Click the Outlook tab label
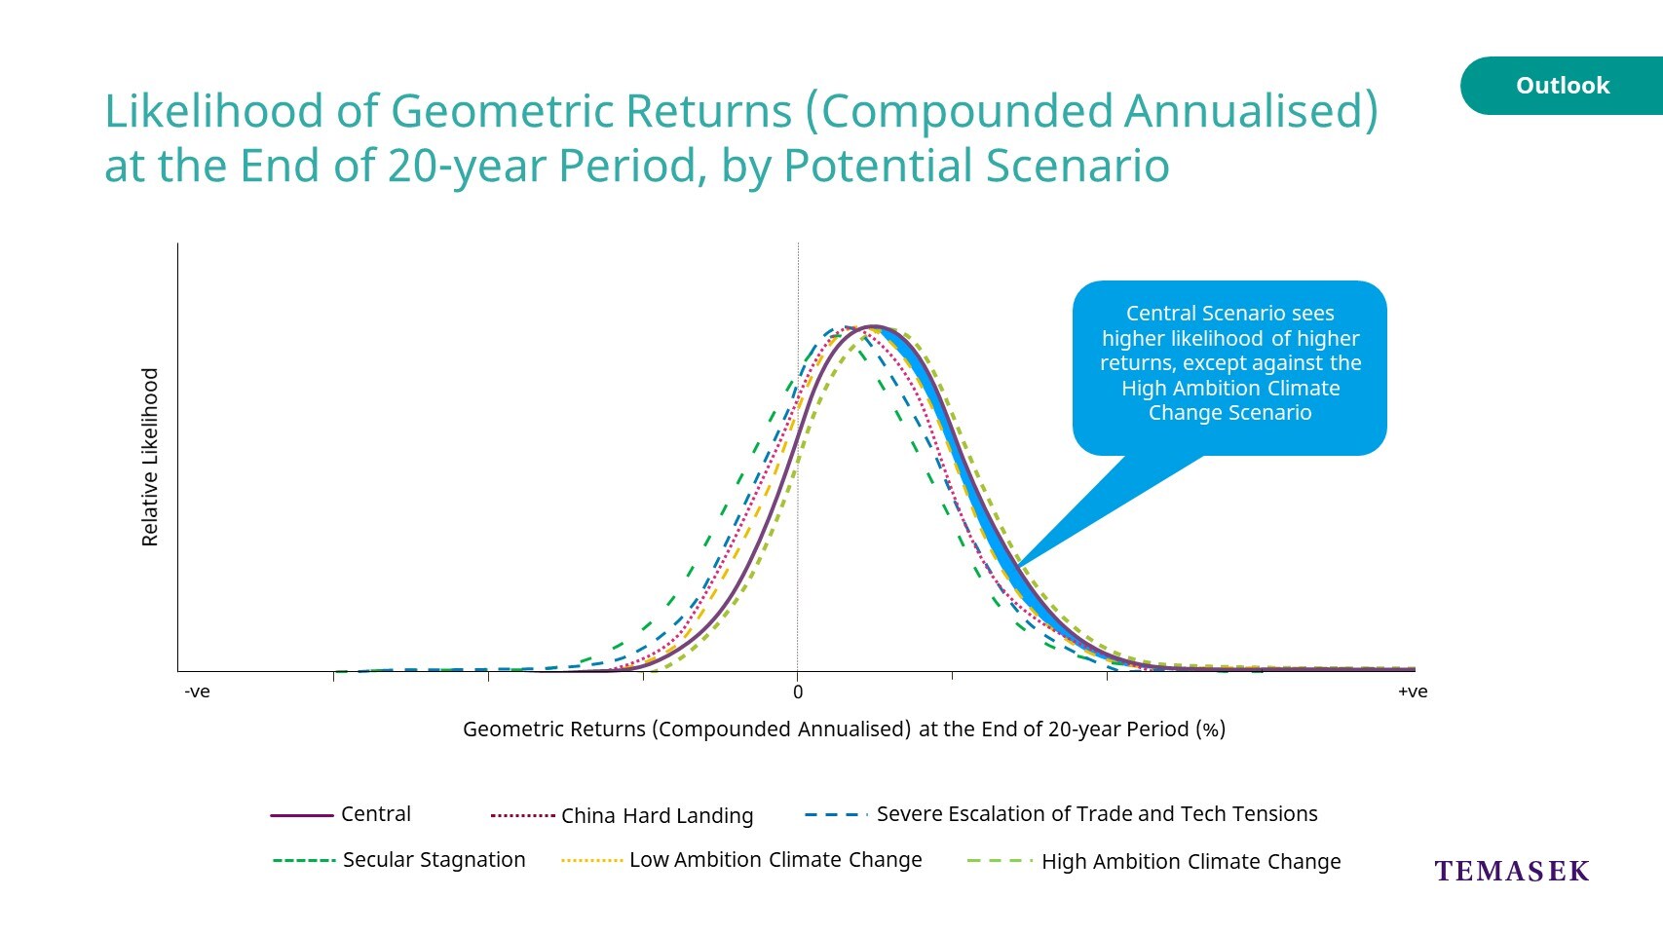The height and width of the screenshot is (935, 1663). tap(1563, 86)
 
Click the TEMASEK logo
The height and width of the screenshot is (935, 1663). tap(1512, 871)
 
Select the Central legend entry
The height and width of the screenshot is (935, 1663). tap(341, 814)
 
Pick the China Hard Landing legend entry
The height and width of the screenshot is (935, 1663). tap(622, 815)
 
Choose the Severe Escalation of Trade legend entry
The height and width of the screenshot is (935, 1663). tap(1061, 814)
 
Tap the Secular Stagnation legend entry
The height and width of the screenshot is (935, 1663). tap(399, 860)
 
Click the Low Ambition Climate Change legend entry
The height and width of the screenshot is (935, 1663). tap(741, 860)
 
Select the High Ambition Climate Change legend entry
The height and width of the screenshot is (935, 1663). tap(1154, 862)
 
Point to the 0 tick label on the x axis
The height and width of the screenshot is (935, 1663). tap(798, 692)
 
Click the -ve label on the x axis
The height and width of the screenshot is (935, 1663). tap(198, 692)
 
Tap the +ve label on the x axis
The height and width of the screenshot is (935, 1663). tap(1413, 692)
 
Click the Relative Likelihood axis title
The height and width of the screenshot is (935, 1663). tap(150, 457)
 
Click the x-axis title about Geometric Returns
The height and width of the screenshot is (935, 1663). tap(844, 729)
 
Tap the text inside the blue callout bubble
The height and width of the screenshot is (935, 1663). tap(1230, 363)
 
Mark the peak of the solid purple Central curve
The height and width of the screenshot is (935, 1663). tap(875, 327)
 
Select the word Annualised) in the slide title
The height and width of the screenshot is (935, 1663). tap(1251, 111)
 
